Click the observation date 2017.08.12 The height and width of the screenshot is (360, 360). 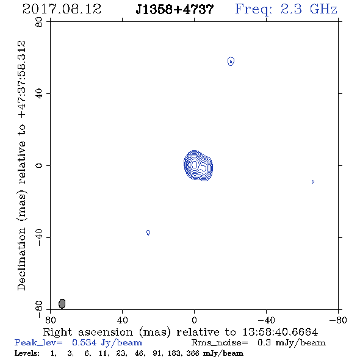[x=62, y=9]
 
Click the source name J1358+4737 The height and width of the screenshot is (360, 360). [x=175, y=9]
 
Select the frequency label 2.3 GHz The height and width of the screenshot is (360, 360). [x=309, y=9]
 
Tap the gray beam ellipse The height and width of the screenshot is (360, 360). [x=62, y=303]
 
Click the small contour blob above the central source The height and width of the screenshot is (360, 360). [x=231, y=61]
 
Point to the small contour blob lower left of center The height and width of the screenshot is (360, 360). [x=148, y=232]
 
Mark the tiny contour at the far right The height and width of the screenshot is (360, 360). [x=313, y=182]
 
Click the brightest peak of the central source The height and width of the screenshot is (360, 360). [x=195, y=164]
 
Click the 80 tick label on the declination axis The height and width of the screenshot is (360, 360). [x=39, y=22]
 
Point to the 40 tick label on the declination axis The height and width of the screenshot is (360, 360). [x=39, y=94]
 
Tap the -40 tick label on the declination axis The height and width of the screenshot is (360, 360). [x=39, y=237]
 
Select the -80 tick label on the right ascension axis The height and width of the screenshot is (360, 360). [x=338, y=320]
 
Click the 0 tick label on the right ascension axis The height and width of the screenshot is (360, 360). [x=194, y=320]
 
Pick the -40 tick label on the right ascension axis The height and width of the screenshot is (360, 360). [x=266, y=320]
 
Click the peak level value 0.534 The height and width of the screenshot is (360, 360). [x=84, y=342]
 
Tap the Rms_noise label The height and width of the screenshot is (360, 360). [x=220, y=343]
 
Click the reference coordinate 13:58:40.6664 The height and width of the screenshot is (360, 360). [x=280, y=332]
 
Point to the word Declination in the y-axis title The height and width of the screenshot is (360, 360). [x=21, y=259]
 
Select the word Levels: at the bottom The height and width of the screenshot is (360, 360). [x=27, y=353]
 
